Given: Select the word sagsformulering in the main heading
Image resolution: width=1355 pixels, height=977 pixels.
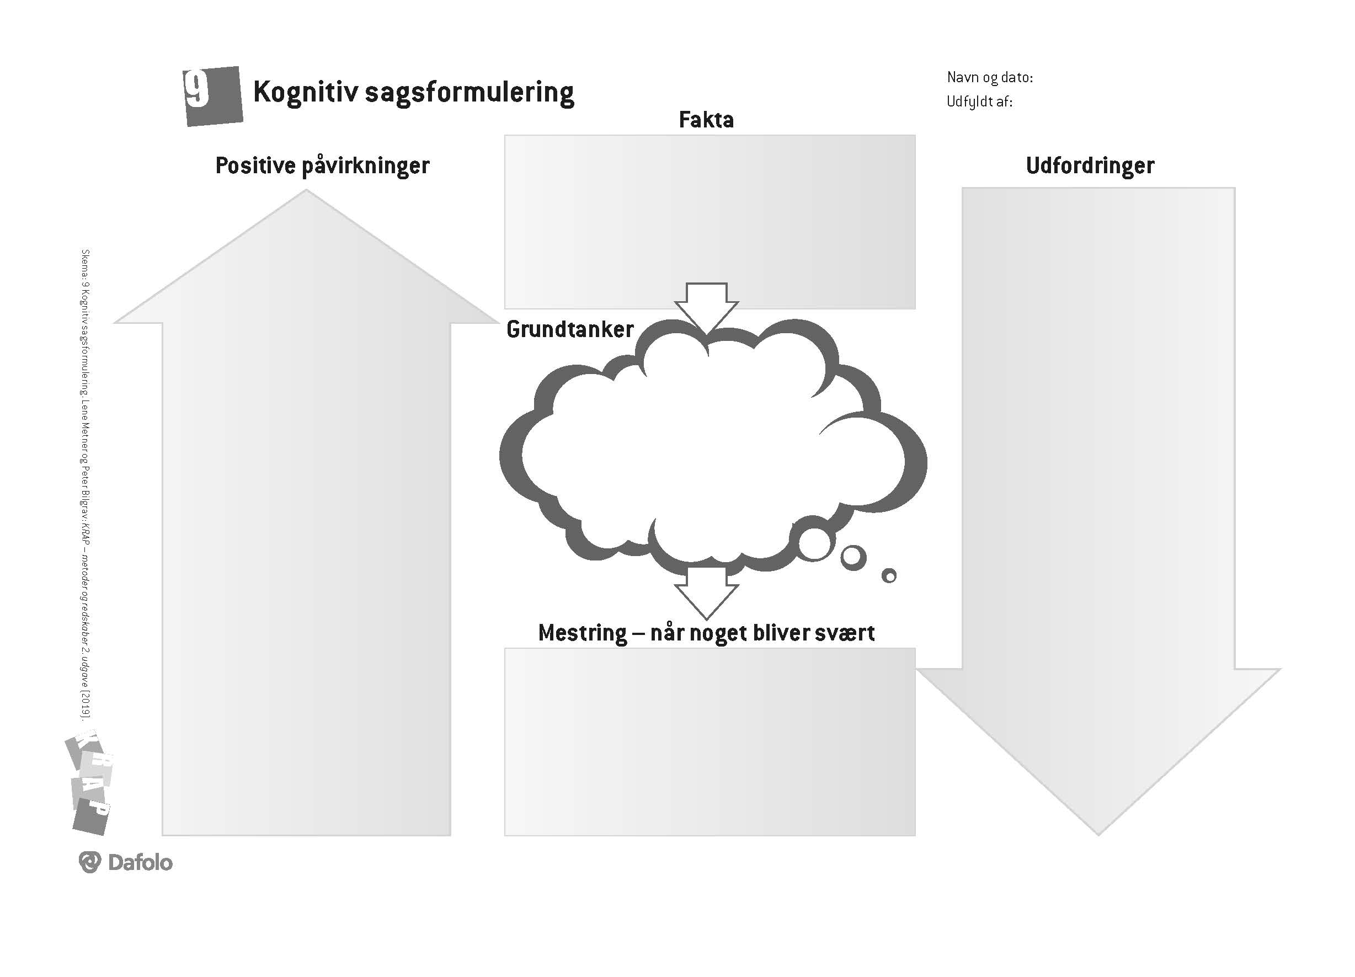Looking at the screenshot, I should point(469,93).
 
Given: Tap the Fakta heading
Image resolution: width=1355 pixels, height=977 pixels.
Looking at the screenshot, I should point(706,120).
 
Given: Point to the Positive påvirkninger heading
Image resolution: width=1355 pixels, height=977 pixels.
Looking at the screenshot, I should point(322,165).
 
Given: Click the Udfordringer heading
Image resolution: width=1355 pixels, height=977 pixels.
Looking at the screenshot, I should point(1089,165).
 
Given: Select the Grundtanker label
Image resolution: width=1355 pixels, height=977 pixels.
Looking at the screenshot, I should point(569,329).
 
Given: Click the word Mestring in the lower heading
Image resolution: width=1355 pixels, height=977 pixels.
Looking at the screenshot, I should point(582,633).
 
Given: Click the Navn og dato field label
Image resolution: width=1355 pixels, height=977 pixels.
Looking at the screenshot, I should point(989,77).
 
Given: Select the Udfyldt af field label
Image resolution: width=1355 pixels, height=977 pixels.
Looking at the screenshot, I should point(979,102).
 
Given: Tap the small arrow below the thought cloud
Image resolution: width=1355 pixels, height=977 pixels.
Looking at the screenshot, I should point(706,592).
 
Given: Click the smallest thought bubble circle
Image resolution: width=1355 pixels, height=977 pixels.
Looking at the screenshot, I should point(889,575).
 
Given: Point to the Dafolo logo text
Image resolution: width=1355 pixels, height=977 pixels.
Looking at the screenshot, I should point(140,862).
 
